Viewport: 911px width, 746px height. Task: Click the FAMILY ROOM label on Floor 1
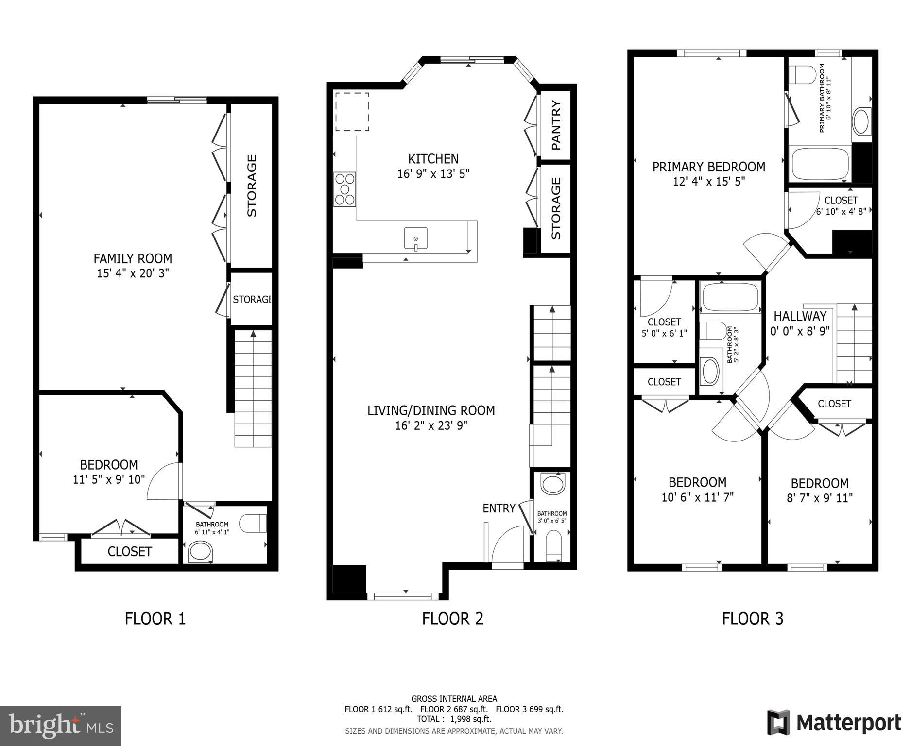click(133, 258)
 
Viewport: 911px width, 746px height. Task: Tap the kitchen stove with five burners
click(344, 189)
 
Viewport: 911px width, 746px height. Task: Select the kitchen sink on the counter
click(416, 239)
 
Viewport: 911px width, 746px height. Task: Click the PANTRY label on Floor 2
click(556, 125)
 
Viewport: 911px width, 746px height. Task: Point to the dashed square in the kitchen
click(352, 112)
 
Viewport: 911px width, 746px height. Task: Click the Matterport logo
click(834, 722)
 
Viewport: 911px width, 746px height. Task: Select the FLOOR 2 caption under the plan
click(452, 619)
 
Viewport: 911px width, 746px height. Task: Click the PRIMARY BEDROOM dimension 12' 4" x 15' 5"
click(709, 182)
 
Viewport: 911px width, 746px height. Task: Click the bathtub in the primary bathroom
click(820, 164)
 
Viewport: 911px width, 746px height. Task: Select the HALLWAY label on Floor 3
click(800, 316)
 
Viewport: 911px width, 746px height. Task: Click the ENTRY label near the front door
click(498, 508)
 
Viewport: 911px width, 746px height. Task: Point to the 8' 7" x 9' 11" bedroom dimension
click(820, 498)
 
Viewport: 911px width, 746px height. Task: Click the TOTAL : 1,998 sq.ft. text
click(454, 719)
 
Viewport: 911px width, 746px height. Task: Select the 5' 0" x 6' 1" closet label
click(664, 334)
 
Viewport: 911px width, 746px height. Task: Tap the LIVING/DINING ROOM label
click(431, 410)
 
